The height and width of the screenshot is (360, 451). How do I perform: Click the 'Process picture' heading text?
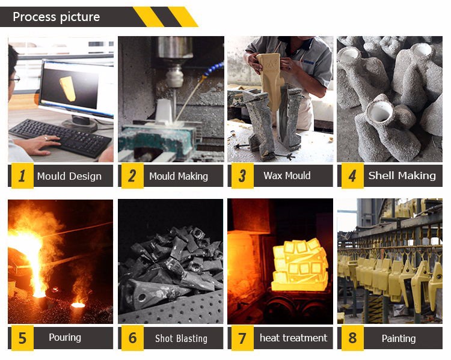point(57,17)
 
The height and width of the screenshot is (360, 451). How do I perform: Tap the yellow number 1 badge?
point(22,175)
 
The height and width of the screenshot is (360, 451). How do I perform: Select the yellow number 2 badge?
point(132,175)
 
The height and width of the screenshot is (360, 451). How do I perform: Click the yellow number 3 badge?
point(242,175)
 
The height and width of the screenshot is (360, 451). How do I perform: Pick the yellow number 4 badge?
point(352,175)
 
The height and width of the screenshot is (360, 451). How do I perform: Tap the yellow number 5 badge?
point(22,338)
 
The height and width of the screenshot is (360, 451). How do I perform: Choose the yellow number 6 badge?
point(132,338)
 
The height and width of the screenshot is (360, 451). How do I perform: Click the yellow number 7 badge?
point(242,338)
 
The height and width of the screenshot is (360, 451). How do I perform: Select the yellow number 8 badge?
point(352,338)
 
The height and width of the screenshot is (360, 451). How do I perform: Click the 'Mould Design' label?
point(69,176)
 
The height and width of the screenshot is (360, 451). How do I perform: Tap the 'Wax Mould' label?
point(287,175)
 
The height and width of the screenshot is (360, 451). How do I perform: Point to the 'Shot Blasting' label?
point(181,338)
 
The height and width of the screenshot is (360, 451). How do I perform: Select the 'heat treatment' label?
point(293,338)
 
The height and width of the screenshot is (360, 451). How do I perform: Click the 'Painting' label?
point(399,338)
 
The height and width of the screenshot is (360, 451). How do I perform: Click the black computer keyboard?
point(60,138)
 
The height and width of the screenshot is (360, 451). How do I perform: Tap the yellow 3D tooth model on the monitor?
point(68,88)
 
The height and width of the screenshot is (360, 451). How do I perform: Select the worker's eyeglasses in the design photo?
point(14,79)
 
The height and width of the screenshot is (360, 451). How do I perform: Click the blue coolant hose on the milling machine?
point(213,69)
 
